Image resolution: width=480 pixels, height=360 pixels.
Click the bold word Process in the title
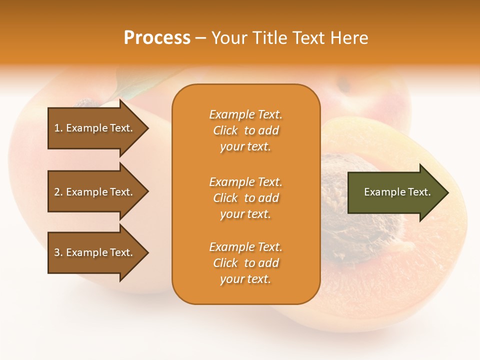[x=157, y=38]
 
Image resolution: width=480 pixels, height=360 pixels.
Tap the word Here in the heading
[x=349, y=38]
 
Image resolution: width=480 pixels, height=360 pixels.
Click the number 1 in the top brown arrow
[x=57, y=128]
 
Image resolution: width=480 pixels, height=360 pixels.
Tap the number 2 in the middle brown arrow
[x=57, y=192]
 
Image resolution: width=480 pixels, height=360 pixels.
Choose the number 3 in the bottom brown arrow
[x=57, y=252]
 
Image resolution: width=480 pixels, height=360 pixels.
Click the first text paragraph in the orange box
[x=245, y=130]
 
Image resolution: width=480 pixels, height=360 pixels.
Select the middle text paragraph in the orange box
[x=245, y=198]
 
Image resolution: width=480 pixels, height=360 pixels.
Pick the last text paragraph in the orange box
[x=245, y=263]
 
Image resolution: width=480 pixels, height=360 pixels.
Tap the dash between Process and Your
[x=200, y=38]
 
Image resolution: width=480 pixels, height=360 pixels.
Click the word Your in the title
[x=228, y=38]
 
